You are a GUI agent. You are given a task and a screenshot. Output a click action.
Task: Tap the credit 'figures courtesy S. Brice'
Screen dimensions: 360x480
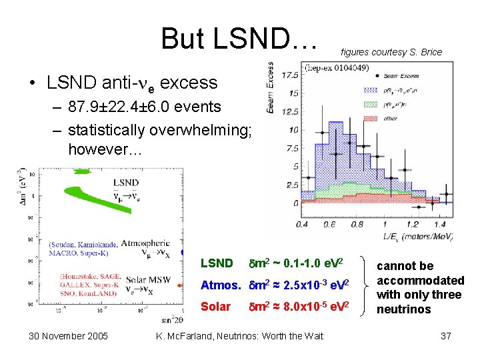(391, 52)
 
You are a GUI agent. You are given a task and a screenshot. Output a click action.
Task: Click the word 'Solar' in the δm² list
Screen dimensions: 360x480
(215, 307)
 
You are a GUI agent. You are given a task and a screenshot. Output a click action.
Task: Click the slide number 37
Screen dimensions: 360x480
(446, 336)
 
